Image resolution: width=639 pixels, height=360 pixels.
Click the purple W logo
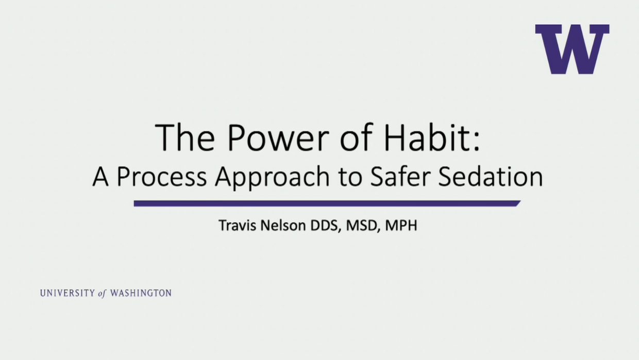tap(572, 49)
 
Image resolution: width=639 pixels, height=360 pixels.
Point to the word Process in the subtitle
tap(162, 177)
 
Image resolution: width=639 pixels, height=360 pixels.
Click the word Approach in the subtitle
tap(273, 177)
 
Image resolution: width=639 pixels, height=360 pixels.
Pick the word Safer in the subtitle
tap(400, 176)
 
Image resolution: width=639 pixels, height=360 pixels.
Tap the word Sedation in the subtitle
tap(491, 176)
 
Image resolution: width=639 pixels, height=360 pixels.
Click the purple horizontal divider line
tap(327, 203)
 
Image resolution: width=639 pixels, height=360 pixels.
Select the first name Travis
tap(238, 226)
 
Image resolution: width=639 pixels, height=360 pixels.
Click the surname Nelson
tap(283, 226)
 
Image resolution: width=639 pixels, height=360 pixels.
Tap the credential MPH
tap(401, 226)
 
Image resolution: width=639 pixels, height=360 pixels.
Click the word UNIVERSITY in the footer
tap(68, 293)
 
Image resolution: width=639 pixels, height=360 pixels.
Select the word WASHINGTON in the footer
tap(141, 293)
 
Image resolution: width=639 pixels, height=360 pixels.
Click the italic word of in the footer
tap(102, 294)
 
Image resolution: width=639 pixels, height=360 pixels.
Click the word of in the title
tap(357, 137)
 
